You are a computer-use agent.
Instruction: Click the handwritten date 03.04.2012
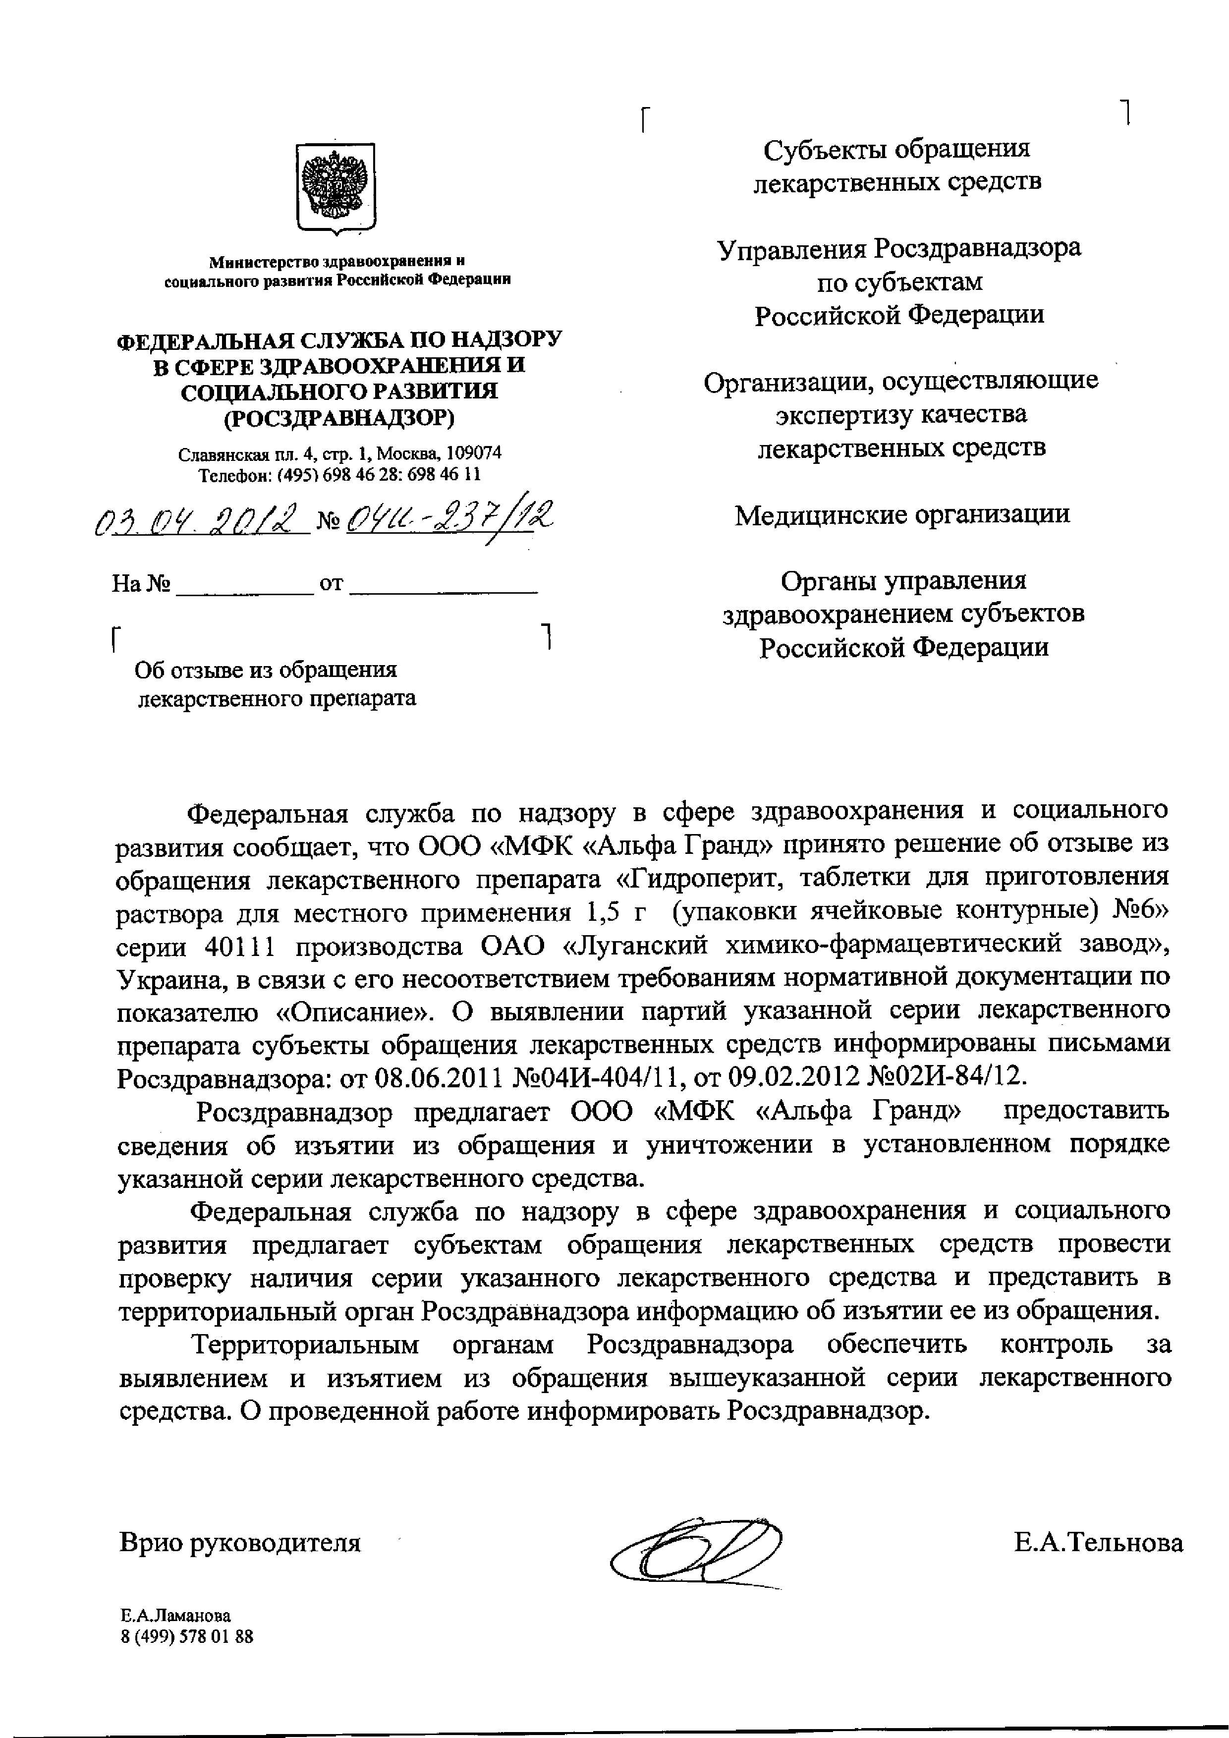click(x=202, y=522)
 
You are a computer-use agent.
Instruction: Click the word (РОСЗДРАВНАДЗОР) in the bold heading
click(x=339, y=417)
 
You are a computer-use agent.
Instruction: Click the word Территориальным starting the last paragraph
click(x=306, y=1345)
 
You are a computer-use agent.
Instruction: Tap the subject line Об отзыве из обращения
click(x=266, y=671)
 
